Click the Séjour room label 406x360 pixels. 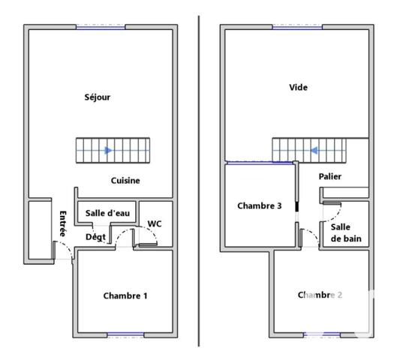coord(98,97)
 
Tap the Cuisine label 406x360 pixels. coord(125,181)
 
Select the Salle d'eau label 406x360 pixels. coord(107,213)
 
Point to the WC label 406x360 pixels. coord(155,223)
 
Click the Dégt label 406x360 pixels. coord(95,237)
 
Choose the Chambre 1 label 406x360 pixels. coord(125,295)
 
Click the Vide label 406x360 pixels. coord(298,88)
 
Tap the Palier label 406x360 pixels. coord(330,176)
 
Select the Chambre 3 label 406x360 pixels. coord(259,205)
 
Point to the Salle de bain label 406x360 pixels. coord(344,232)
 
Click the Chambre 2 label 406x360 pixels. coord(320,295)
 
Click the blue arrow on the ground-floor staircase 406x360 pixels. coord(108,151)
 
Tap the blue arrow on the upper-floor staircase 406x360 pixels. coord(315,150)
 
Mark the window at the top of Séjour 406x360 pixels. coord(100,27)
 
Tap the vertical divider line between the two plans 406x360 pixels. coord(199,180)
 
